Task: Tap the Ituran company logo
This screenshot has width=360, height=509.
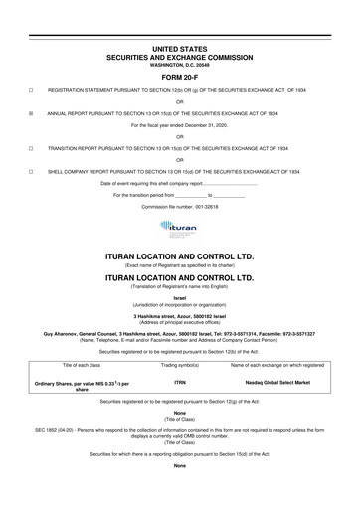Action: tap(180, 231)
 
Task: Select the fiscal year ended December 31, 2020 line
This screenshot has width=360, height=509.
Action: tap(180, 128)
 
